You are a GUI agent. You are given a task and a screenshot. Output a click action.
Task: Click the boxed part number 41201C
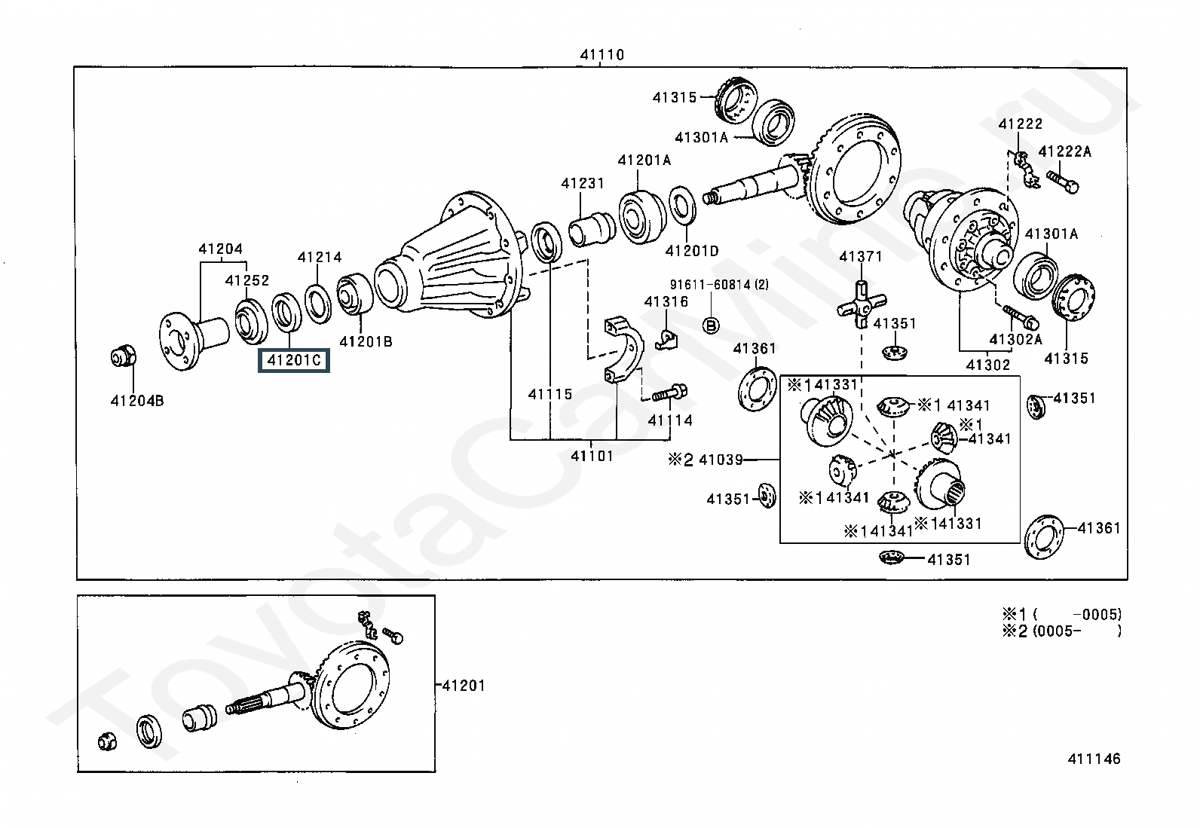tap(293, 360)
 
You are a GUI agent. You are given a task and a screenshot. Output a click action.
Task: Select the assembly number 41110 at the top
tap(602, 55)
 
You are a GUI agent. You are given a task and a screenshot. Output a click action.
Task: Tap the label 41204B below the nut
tap(137, 401)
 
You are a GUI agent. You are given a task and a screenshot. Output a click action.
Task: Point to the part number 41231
tap(583, 183)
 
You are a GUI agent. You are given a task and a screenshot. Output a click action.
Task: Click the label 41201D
tap(692, 251)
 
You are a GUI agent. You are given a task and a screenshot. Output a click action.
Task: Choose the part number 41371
tap(860, 257)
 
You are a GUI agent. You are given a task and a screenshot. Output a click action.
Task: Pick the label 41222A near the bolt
tap(1064, 151)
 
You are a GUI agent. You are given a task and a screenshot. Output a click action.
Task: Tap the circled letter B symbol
tap(711, 325)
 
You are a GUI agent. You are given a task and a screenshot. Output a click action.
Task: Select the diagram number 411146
tap(1094, 759)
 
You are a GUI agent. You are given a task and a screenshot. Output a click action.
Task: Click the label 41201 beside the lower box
tap(464, 686)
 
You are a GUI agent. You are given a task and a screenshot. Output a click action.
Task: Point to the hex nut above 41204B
tap(123, 356)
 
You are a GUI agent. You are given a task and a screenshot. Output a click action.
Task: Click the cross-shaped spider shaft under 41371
tap(861, 304)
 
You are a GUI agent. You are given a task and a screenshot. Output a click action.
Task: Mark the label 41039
tap(721, 460)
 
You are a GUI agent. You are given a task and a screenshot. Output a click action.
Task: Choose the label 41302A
tap(1015, 339)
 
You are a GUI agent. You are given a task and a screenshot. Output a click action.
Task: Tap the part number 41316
tap(666, 301)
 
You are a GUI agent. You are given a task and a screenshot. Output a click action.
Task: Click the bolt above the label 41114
tap(669, 393)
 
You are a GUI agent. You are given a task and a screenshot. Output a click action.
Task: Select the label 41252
tap(247, 280)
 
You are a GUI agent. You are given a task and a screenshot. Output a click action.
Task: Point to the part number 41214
tap(320, 257)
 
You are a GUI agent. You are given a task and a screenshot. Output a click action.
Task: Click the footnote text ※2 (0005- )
tap(1062, 631)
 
